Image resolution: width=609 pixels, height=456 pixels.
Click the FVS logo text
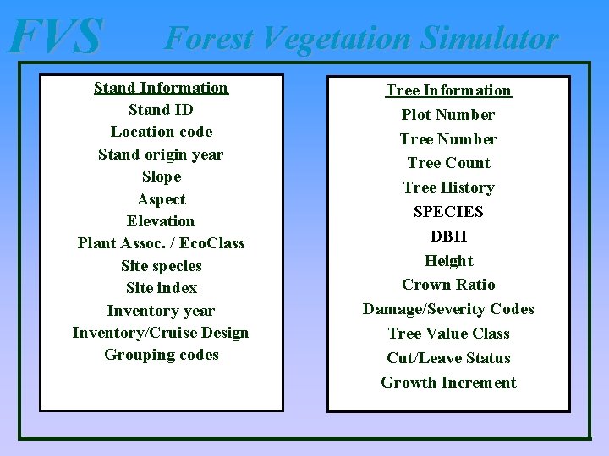(55, 37)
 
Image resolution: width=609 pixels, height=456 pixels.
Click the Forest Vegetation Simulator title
(361, 38)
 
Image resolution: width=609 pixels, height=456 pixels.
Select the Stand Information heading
(161, 88)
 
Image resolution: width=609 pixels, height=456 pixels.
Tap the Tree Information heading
(448, 90)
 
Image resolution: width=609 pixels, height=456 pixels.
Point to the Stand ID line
(161, 110)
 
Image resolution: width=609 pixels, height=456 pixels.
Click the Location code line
(161, 132)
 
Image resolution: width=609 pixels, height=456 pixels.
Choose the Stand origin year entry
(161, 155)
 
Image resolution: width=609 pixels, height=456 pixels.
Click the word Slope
(161, 176)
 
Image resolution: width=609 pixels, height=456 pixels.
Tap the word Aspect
(161, 199)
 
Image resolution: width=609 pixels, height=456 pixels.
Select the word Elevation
(161, 221)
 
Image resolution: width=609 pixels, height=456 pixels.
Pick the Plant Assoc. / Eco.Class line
(161, 243)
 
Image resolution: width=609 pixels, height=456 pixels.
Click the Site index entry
(161, 288)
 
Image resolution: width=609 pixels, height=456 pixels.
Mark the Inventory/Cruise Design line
(161, 333)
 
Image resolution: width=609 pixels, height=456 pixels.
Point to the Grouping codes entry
(161, 355)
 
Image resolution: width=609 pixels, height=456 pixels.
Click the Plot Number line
(448, 115)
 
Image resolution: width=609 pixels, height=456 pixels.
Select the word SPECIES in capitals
(448, 212)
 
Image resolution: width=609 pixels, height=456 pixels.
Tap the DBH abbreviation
(448, 236)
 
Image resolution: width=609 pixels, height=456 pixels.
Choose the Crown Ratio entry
(448, 285)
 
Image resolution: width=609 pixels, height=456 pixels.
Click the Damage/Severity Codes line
(448, 309)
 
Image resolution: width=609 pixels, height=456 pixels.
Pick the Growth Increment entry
(448, 383)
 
